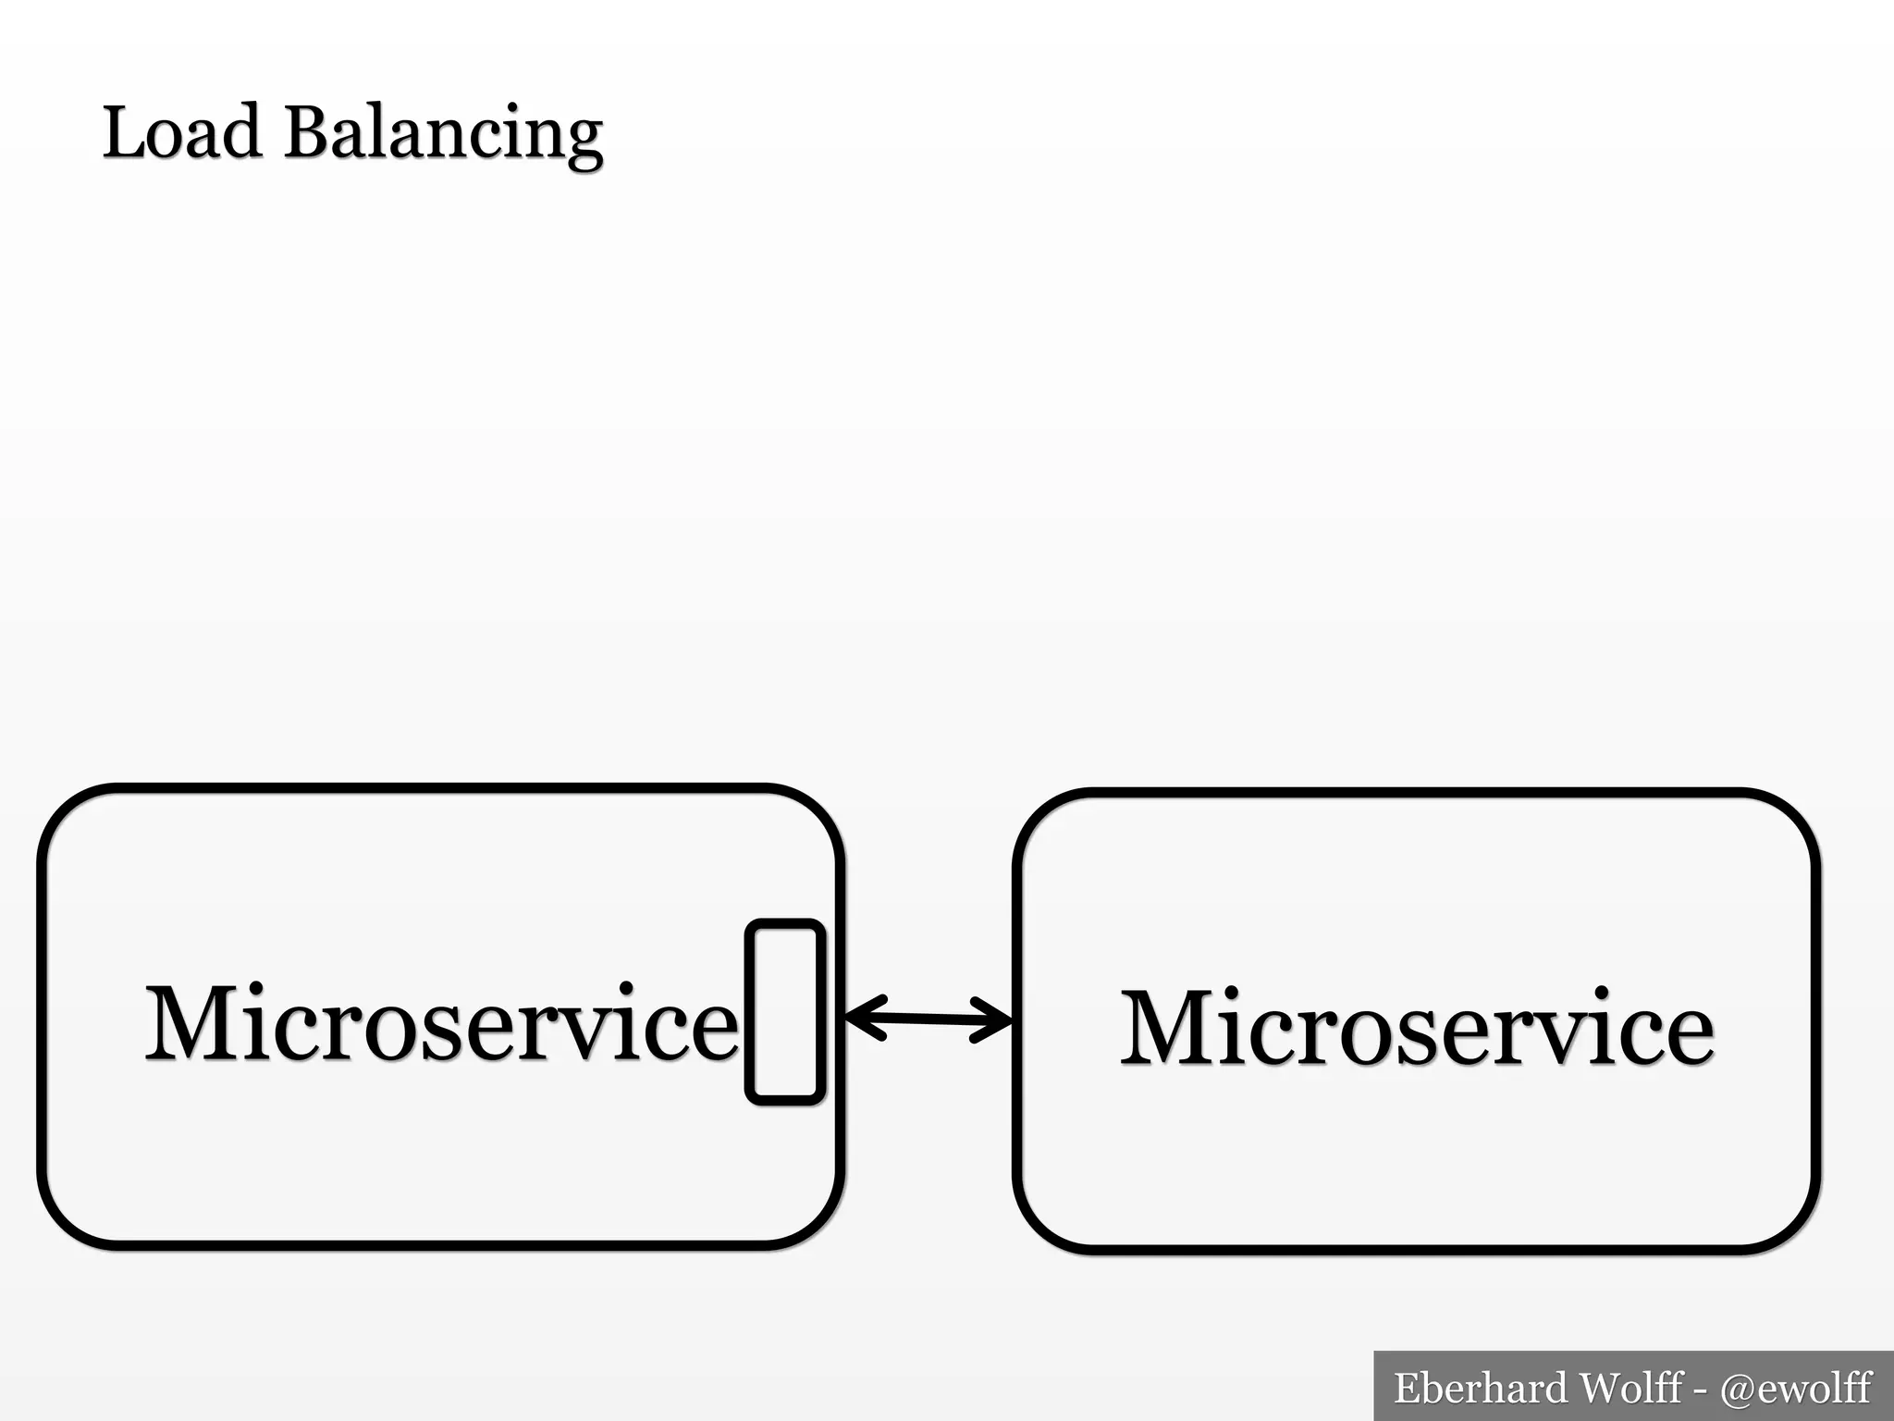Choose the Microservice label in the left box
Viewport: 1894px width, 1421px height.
(442, 1023)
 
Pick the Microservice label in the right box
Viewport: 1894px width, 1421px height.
(1417, 1028)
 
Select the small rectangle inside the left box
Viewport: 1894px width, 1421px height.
(785, 1012)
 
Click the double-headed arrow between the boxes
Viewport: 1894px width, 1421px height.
(929, 1019)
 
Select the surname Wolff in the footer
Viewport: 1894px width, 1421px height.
(1630, 1389)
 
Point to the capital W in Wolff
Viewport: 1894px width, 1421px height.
(1600, 1389)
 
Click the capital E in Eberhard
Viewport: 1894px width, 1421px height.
(1408, 1389)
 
